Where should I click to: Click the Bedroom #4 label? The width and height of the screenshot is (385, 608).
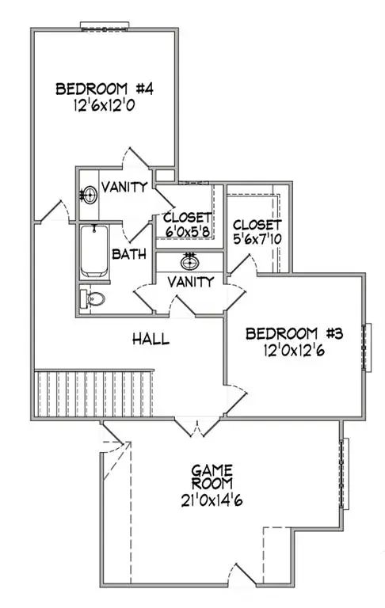pos(105,89)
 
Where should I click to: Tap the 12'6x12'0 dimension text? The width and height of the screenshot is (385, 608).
pos(104,105)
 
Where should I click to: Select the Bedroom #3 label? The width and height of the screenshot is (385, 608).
pos(294,333)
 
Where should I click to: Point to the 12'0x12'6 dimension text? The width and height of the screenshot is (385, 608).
pos(294,351)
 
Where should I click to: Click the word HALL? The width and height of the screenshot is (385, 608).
pos(151,339)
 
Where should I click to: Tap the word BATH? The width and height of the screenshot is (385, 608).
pos(129,254)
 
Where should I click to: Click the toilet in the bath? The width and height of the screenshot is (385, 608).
pos(93,298)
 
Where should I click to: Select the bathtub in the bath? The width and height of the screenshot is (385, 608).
pos(94,251)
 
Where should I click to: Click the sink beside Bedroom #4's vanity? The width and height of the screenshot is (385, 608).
pos(89,195)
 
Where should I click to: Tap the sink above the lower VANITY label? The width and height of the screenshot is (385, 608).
pos(190,262)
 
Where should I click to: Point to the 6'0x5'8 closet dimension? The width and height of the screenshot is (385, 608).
pos(188,232)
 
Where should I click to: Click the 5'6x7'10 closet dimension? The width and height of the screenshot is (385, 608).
pos(257,239)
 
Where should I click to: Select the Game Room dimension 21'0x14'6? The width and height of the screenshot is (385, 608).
pos(212,500)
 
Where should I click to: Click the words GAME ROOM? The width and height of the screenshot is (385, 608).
pos(212,477)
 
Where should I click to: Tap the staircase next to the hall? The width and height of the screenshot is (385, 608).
pos(94,393)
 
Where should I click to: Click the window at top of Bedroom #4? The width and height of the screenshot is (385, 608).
pos(105,26)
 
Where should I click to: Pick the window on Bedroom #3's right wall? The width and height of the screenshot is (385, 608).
pos(366,348)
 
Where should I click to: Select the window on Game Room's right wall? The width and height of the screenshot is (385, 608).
pos(344,473)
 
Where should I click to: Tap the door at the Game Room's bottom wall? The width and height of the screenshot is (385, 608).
pos(242,575)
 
